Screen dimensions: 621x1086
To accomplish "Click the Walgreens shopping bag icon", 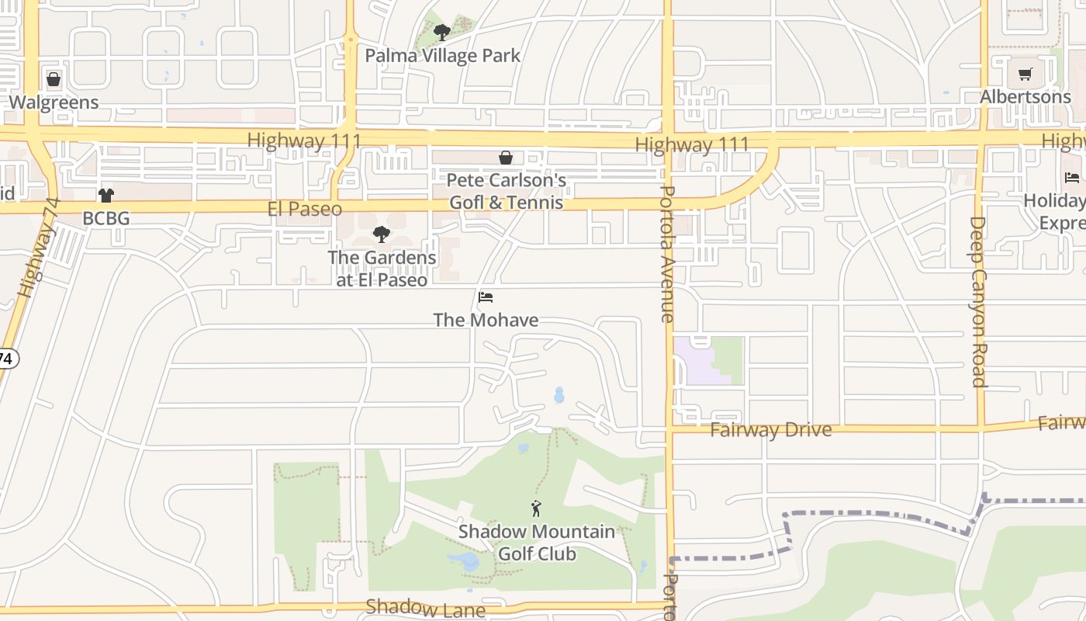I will pyautogui.click(x=54, y=79).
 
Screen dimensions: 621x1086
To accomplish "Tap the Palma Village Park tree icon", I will pyautogui.click(x=442, y=33).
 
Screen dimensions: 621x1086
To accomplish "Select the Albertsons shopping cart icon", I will pyautogui.click(x=1025, y=75).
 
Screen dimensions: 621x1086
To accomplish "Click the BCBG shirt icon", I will pyautogui.click(x=106, y=195).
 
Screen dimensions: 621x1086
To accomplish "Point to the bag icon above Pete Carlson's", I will pyautogui.click(x=506, y=158).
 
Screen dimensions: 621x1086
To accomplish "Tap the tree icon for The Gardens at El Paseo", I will pyautogui.click(x=381, y=234).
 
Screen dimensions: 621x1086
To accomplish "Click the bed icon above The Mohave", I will pyautogui.click(x=486, y=297).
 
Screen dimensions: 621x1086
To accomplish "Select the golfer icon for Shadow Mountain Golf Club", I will pyautogui.click(x=536, y=509).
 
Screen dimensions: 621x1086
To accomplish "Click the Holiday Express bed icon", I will pyautogui.click(x=1073, y=178).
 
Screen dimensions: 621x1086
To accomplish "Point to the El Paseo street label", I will pyautogui.click(x=304, y=209).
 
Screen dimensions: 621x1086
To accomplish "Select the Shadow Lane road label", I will pyautogui.click(x=425, y=608).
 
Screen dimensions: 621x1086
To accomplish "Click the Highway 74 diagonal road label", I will pyautogui.click(x=39, y=248).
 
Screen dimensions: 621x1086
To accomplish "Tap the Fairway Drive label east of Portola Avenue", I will pyautogui.click(x=770, y=430).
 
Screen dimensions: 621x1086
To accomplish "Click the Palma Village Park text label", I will pyautogui.click(x=442, y=56).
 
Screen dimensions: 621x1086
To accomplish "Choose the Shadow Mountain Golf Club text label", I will pyautogui.click(x=536, y=543).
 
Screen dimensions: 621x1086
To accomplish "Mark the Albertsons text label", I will pyautogui.click(x=1025, y=97).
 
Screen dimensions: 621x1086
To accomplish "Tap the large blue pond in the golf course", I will pyautogui.click(x=465, y=561).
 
